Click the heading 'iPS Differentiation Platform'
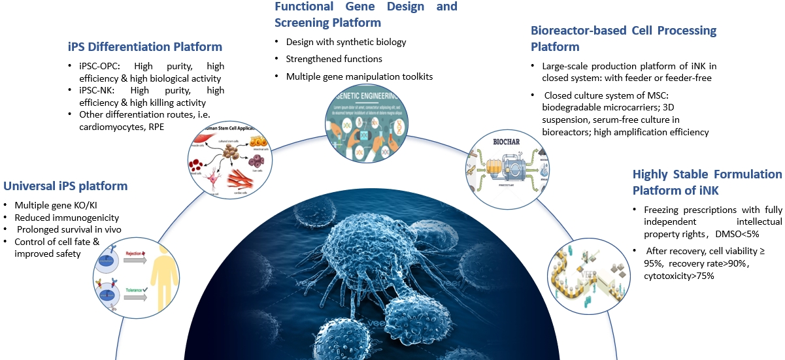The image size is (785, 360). pyautogui.click(x=145, y=46)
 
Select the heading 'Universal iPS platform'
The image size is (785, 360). pyautogui.click(x=65, y=186)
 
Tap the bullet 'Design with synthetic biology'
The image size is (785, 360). pyautogui.click(x=346, y=42)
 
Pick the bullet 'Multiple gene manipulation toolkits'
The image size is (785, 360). pyautogui.click(x=359, y=76)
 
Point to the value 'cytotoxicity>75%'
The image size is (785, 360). pyautogui.click(x=679, y=276)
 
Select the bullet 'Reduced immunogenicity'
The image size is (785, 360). pyautogui.click(x=66, y=217)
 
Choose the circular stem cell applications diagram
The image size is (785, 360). pyautogui.click(x=225, y=161)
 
